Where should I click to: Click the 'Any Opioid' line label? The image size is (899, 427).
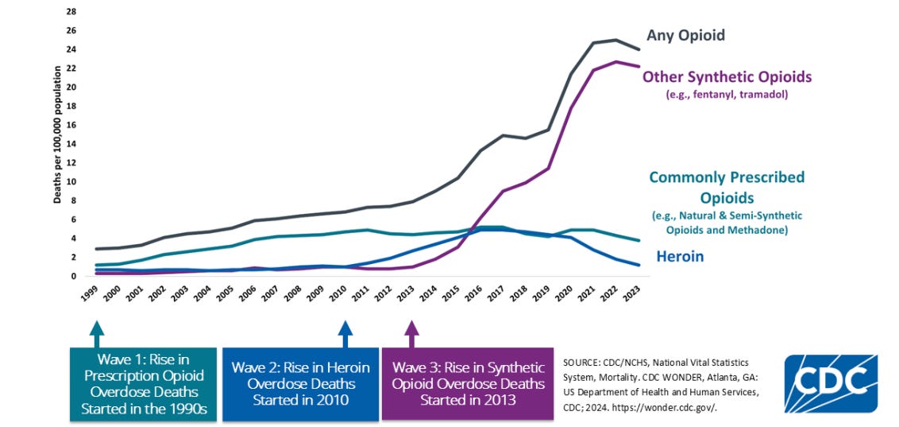(685, 36)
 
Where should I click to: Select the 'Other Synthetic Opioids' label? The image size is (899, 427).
(727, 77)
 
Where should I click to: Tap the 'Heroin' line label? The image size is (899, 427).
(679, 257)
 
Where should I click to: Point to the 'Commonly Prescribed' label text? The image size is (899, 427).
(727, 177)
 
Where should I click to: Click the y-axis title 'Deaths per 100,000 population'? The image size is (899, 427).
(57, 135)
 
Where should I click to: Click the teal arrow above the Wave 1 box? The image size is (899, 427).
(97, 334)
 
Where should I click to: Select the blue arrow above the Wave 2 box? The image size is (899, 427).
(345, 334)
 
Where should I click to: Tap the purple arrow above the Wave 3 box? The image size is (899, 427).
(411, 334)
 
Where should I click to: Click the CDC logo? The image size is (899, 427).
(831, 383)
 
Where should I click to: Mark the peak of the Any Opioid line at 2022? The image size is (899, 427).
(615, 40)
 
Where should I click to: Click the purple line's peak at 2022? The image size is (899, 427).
(615, 61)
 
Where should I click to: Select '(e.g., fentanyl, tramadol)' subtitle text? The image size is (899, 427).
(727, 95)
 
